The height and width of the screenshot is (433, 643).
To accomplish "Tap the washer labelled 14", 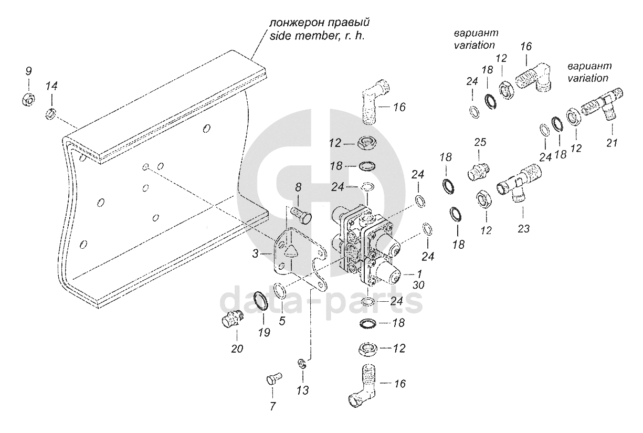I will (51, 112).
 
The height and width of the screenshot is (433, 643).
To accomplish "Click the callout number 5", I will (282, 321).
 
